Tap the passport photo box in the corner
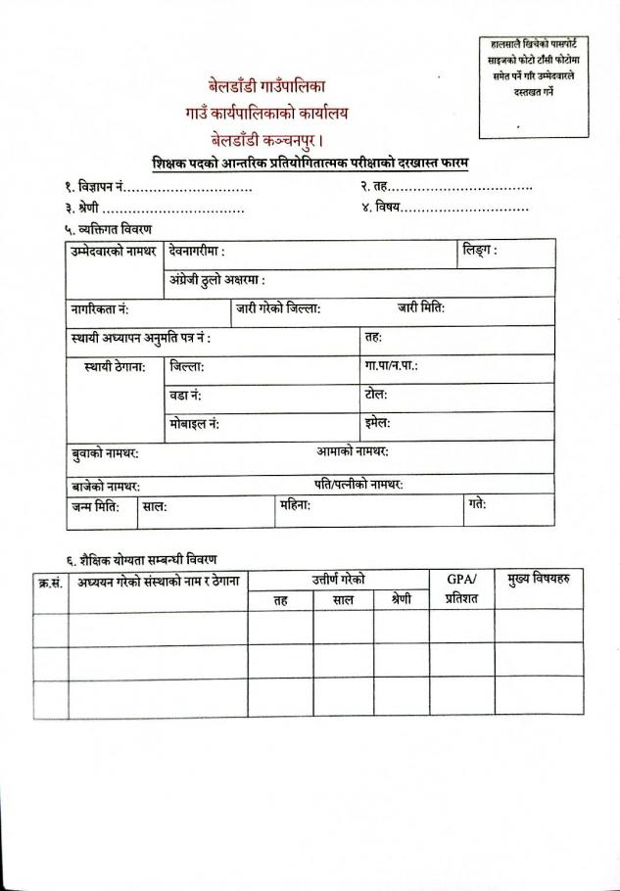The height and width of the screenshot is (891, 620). click(x=533, y=86)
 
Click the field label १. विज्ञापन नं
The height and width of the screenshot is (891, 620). click(x=93, y=186)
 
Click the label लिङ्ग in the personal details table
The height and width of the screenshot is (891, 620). click(x=479, y=252)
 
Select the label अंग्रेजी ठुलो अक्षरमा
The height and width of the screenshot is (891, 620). click(x=216, y=281)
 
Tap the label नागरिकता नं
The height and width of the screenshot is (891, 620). click(x=100, y=309)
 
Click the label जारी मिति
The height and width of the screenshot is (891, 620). click(x=421, y=308)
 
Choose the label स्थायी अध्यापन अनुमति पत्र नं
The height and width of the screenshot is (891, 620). click(x=140, y=338)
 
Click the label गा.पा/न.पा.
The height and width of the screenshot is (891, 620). click(x=391, y=366)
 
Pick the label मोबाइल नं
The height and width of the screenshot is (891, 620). click(x=194, y=424)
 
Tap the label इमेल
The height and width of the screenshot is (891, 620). click(x=377, y=423)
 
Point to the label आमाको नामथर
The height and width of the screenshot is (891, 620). click(x=353, y=452)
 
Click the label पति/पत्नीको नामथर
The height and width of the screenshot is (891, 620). click(x=358, y=485)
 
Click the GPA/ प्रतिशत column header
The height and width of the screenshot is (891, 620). click(x=460, y=588)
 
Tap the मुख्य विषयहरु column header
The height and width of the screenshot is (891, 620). click(x=538, y=580)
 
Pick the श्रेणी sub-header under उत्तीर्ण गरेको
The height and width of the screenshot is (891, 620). click(x=401, y=599)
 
